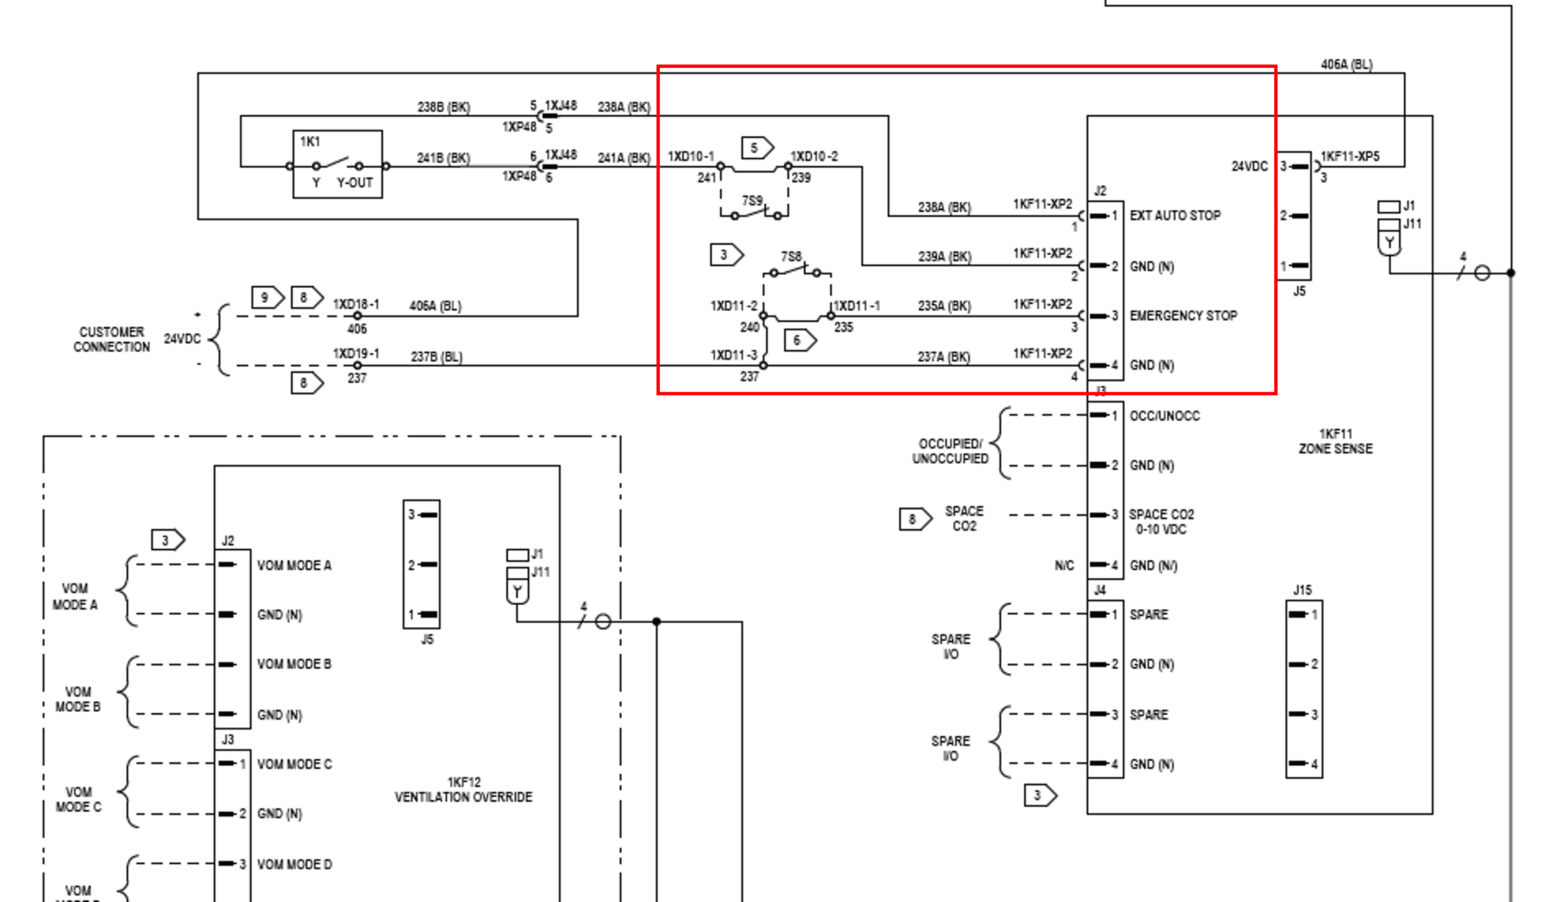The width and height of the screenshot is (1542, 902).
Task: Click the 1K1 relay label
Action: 310,142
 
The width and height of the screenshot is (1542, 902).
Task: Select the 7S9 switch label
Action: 752,201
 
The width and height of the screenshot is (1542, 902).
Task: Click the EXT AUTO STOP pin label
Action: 1175,216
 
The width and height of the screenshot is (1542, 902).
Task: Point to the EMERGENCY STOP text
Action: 1183,316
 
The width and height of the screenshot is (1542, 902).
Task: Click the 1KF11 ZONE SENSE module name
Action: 1336,441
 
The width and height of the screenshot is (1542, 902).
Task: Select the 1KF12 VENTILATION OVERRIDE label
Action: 463,789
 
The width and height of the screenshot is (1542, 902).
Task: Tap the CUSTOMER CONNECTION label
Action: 111,339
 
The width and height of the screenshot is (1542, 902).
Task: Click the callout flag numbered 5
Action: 757,148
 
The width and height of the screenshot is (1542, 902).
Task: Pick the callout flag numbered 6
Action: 800,340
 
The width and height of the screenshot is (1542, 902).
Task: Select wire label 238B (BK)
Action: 444,107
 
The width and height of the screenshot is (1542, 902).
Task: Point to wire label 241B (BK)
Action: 444,158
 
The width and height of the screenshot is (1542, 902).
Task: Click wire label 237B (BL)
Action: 436,357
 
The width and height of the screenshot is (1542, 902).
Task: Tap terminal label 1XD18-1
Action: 356,304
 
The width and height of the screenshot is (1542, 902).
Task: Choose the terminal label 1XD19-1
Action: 356,354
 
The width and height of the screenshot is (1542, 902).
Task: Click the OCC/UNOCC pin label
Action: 1164,416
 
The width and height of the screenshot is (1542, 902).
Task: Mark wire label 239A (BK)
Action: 944,256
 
